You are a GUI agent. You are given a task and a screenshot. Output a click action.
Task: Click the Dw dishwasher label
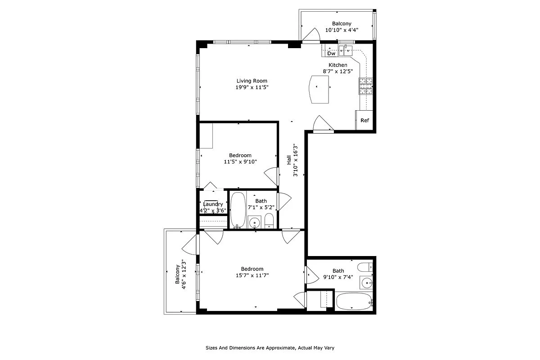point(331,54)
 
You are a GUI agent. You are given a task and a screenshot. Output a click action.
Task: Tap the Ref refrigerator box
point(364,120)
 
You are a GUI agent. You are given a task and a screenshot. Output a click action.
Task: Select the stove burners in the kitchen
point(365,86)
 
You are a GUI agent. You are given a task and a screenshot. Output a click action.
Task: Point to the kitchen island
point(320,89)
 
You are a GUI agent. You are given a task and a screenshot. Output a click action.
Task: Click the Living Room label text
point(252,81)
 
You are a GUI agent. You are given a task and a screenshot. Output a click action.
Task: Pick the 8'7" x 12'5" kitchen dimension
point(337,71)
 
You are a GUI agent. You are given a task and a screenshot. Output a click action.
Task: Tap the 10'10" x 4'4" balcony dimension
point(342,31)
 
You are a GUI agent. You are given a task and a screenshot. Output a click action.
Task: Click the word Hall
point(289,160)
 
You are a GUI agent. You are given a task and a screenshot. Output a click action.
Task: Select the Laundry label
point(213,204)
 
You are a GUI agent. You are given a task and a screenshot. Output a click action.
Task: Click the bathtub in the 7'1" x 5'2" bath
point(238,209)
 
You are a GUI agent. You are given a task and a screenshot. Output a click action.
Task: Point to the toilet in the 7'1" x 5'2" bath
point(269,220)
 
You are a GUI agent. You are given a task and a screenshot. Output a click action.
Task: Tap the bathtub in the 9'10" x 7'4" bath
point(354,301)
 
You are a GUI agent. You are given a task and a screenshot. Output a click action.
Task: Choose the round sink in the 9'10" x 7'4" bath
point(367,283)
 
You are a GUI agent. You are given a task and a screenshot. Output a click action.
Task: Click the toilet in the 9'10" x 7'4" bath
point(367,266)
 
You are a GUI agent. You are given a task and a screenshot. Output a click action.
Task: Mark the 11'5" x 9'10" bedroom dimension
point(240,162)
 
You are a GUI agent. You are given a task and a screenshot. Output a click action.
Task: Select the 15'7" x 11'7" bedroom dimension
point(252,275)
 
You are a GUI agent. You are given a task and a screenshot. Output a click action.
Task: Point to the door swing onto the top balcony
point(310,35)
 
